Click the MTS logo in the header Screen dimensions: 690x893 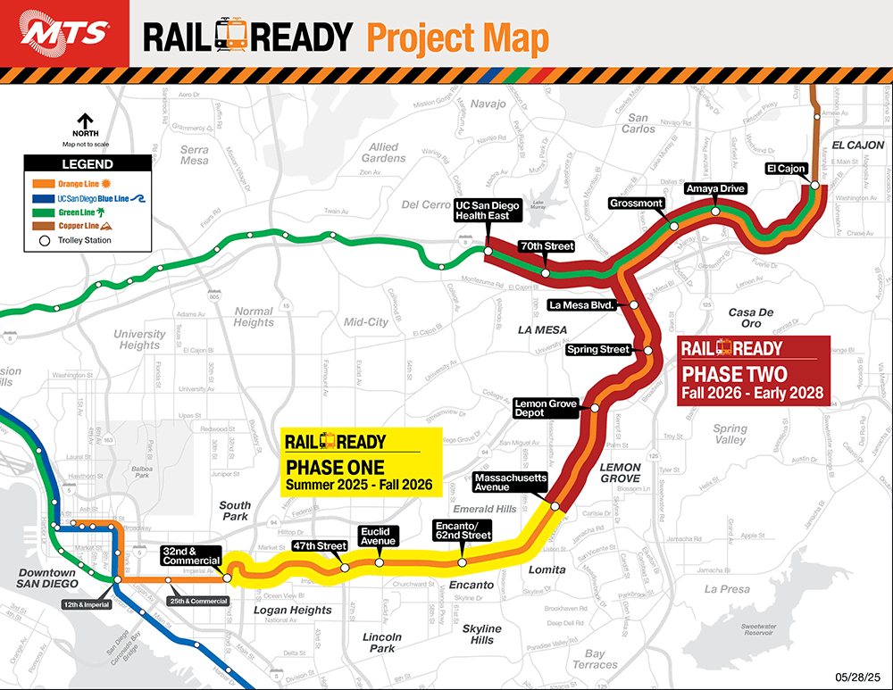click(64, 34)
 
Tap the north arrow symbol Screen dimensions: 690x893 click(86, 121)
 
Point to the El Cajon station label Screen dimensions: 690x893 click(786, 169)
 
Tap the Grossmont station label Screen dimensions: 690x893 click(637, 204)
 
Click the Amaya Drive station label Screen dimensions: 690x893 click(714, 189)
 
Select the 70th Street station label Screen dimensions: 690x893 click(547, 245)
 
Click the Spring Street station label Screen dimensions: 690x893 click(598, 350)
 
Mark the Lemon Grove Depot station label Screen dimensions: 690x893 click(546, 409)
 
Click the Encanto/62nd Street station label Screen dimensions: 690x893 click(462, 530)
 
